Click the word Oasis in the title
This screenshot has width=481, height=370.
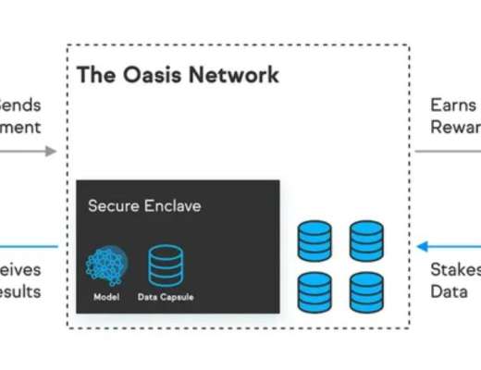(142, 75)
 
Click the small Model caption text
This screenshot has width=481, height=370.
(106, 297)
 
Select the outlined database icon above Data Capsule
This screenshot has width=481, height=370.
(166, 264)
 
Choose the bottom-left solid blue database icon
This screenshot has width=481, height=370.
(314, 291)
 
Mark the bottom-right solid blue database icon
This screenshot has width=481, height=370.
(366, 291)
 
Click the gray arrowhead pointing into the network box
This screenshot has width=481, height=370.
(50, 151)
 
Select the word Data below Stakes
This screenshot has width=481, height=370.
(449, 291)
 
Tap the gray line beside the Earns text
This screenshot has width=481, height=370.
(444, 151)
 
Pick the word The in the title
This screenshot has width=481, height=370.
(92, 75)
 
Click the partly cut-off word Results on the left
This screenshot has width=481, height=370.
(20, 291)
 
